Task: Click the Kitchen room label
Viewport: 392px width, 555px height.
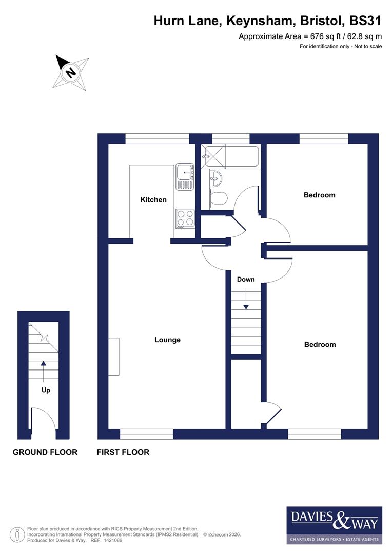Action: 153,199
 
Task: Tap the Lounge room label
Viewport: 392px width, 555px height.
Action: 167,340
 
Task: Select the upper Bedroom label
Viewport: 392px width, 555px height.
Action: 319,195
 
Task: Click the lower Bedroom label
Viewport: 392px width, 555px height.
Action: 320,344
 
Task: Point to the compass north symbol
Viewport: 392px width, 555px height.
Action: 71,72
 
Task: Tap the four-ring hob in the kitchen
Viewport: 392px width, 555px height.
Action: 185,218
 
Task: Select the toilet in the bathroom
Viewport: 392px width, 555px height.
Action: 218,198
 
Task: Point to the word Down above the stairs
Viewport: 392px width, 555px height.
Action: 246,280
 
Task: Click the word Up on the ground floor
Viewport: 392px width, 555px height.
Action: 46,390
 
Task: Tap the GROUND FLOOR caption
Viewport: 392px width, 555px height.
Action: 45,452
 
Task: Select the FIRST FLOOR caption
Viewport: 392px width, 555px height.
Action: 123,452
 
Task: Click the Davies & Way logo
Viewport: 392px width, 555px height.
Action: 334,525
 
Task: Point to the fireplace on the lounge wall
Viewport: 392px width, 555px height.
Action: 114,357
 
